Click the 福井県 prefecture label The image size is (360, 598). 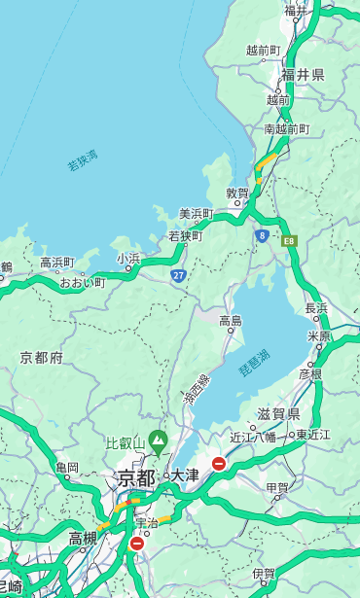click(x=303, y=75)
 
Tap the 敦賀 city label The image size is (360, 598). click(x=236, y=193)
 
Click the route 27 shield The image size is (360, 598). click(x=178, y=276)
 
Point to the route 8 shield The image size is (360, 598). click(x=262, y=235)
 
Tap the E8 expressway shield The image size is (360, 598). click(x=288, y=239)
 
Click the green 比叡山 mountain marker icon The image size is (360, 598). click(x=157, y=444)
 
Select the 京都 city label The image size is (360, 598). click(x=136, y=477)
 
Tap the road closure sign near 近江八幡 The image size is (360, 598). click(x=219, y=464)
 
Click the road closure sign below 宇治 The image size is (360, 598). click(x=136, y=544)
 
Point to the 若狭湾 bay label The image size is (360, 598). click(x=83, y=160)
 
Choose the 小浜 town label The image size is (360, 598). click(x=127, y=258)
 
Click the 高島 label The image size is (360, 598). click(x=231, y=320)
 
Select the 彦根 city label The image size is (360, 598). click(x=309, y=372)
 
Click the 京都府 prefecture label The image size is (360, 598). click(x=42, y=358)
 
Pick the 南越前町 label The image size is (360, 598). click(x=286, y=128)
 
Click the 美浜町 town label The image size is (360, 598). click(x=196, y=214)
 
